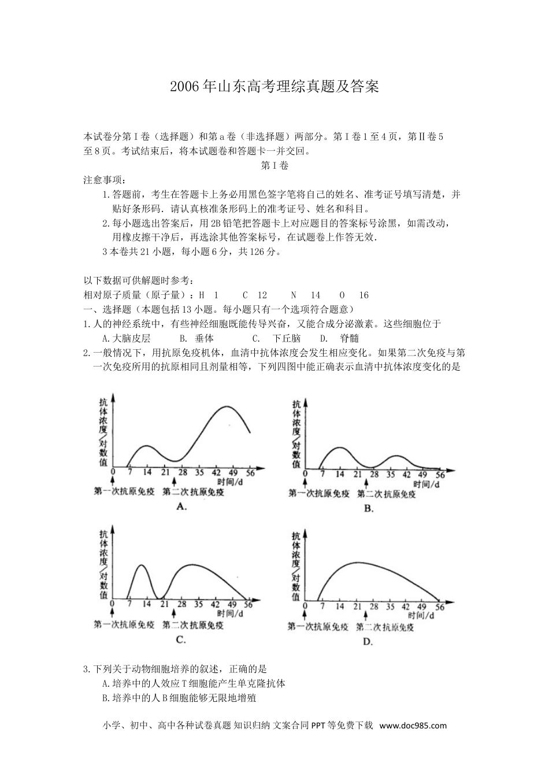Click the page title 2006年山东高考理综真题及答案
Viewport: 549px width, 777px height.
click(274, 87)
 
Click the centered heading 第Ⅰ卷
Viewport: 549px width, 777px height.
click(274, 166)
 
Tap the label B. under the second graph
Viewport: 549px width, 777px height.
click(369, 508)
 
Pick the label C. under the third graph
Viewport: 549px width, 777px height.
click(180, 639)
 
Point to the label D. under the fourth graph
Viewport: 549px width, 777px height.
click(368, 641)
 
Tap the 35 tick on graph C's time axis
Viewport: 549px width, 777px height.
click(198, 604)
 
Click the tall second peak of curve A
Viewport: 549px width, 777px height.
click(224, 407)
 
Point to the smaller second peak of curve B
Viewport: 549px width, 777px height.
click(396, 456)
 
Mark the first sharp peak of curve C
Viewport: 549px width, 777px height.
click(140, 565)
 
